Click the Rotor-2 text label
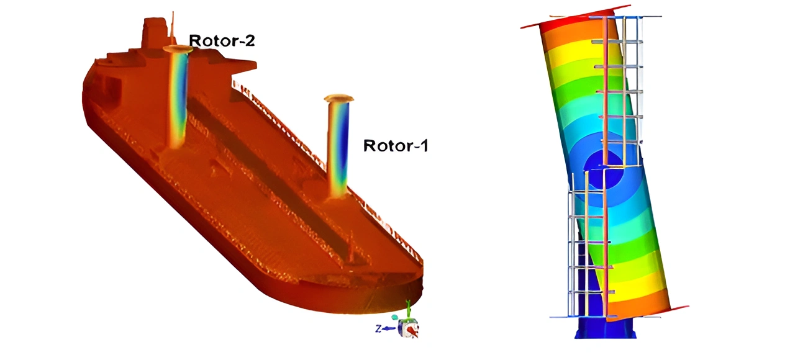[x=222, y=40]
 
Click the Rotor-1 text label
[x=396, y=146]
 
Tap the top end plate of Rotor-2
[x=178, y=49]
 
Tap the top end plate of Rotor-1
[x=338, y=98]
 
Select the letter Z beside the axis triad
[x=378, y=329]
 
